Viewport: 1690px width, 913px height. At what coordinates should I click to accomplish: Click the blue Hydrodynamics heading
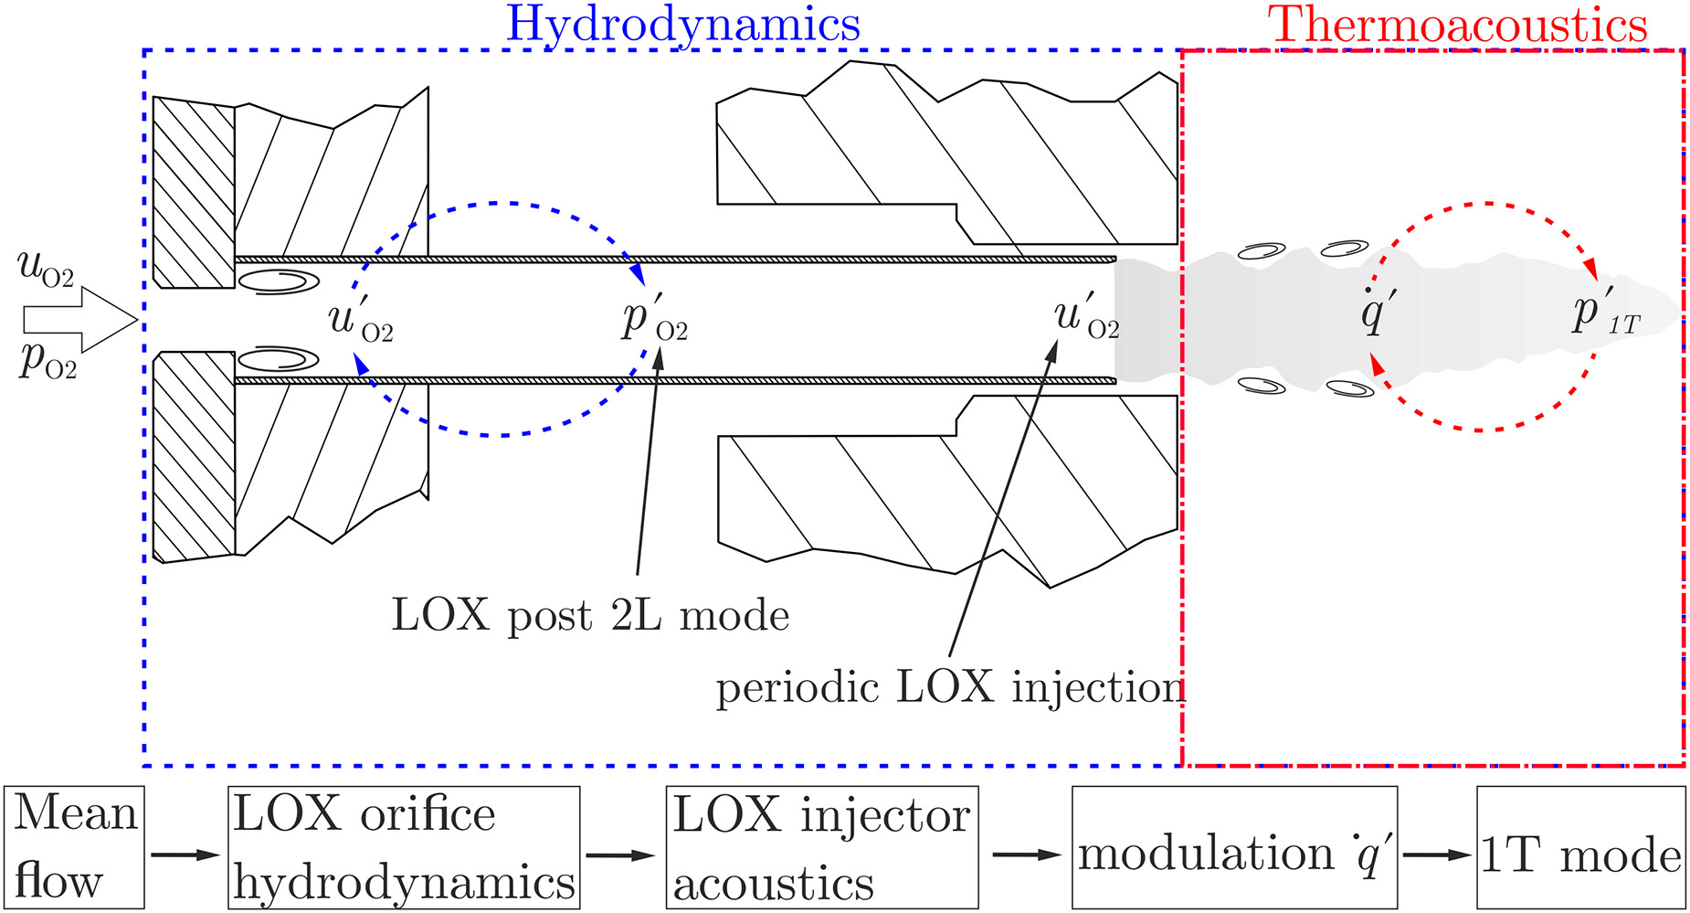(x=682, y=25)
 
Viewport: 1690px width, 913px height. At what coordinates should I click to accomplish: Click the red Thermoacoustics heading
(x=1457, y=25)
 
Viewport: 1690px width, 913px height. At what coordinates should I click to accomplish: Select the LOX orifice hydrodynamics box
(x=404, y=847)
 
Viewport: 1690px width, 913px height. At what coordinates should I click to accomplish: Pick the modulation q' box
(x=1234, y=847)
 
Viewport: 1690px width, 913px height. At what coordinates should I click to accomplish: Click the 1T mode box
(x=1580, y=847)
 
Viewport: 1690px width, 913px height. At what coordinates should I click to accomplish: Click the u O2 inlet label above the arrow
(x=46, y=269)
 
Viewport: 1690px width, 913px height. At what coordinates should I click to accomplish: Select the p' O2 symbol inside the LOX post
(x=654, y=319)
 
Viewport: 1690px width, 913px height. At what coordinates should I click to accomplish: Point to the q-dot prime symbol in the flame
(x=1376, y=313)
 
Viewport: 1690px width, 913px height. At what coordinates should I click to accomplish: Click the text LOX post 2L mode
(x=590, y=615)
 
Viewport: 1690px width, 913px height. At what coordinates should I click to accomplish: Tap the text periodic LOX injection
(x=950, y=687)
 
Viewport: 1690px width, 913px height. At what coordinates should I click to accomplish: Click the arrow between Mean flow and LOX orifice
(x=185, y=855)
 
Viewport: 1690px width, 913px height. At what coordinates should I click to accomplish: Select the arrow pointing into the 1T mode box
(x=1437, y=855)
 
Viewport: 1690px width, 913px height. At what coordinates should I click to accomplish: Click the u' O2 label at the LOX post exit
(x=1085, y=316)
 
